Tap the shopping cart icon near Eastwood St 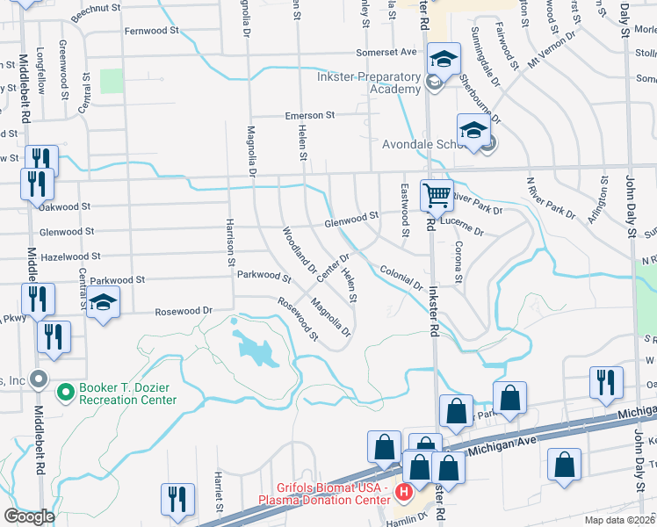pyautogui.click(x=436, y=195)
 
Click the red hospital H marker pyautogui.click(x=404, y=492)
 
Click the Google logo pyautogui.click(x=29, y=516)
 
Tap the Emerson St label pyautogui.click(x=309, y=115)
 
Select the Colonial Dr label pyautogui.click(x=401, y=278)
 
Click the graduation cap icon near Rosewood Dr pyautogui.click(x=104, y=304)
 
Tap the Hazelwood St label pyautogui.click(x=71, y=256)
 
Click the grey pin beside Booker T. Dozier pyautogui.click(x=38, y=379)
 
